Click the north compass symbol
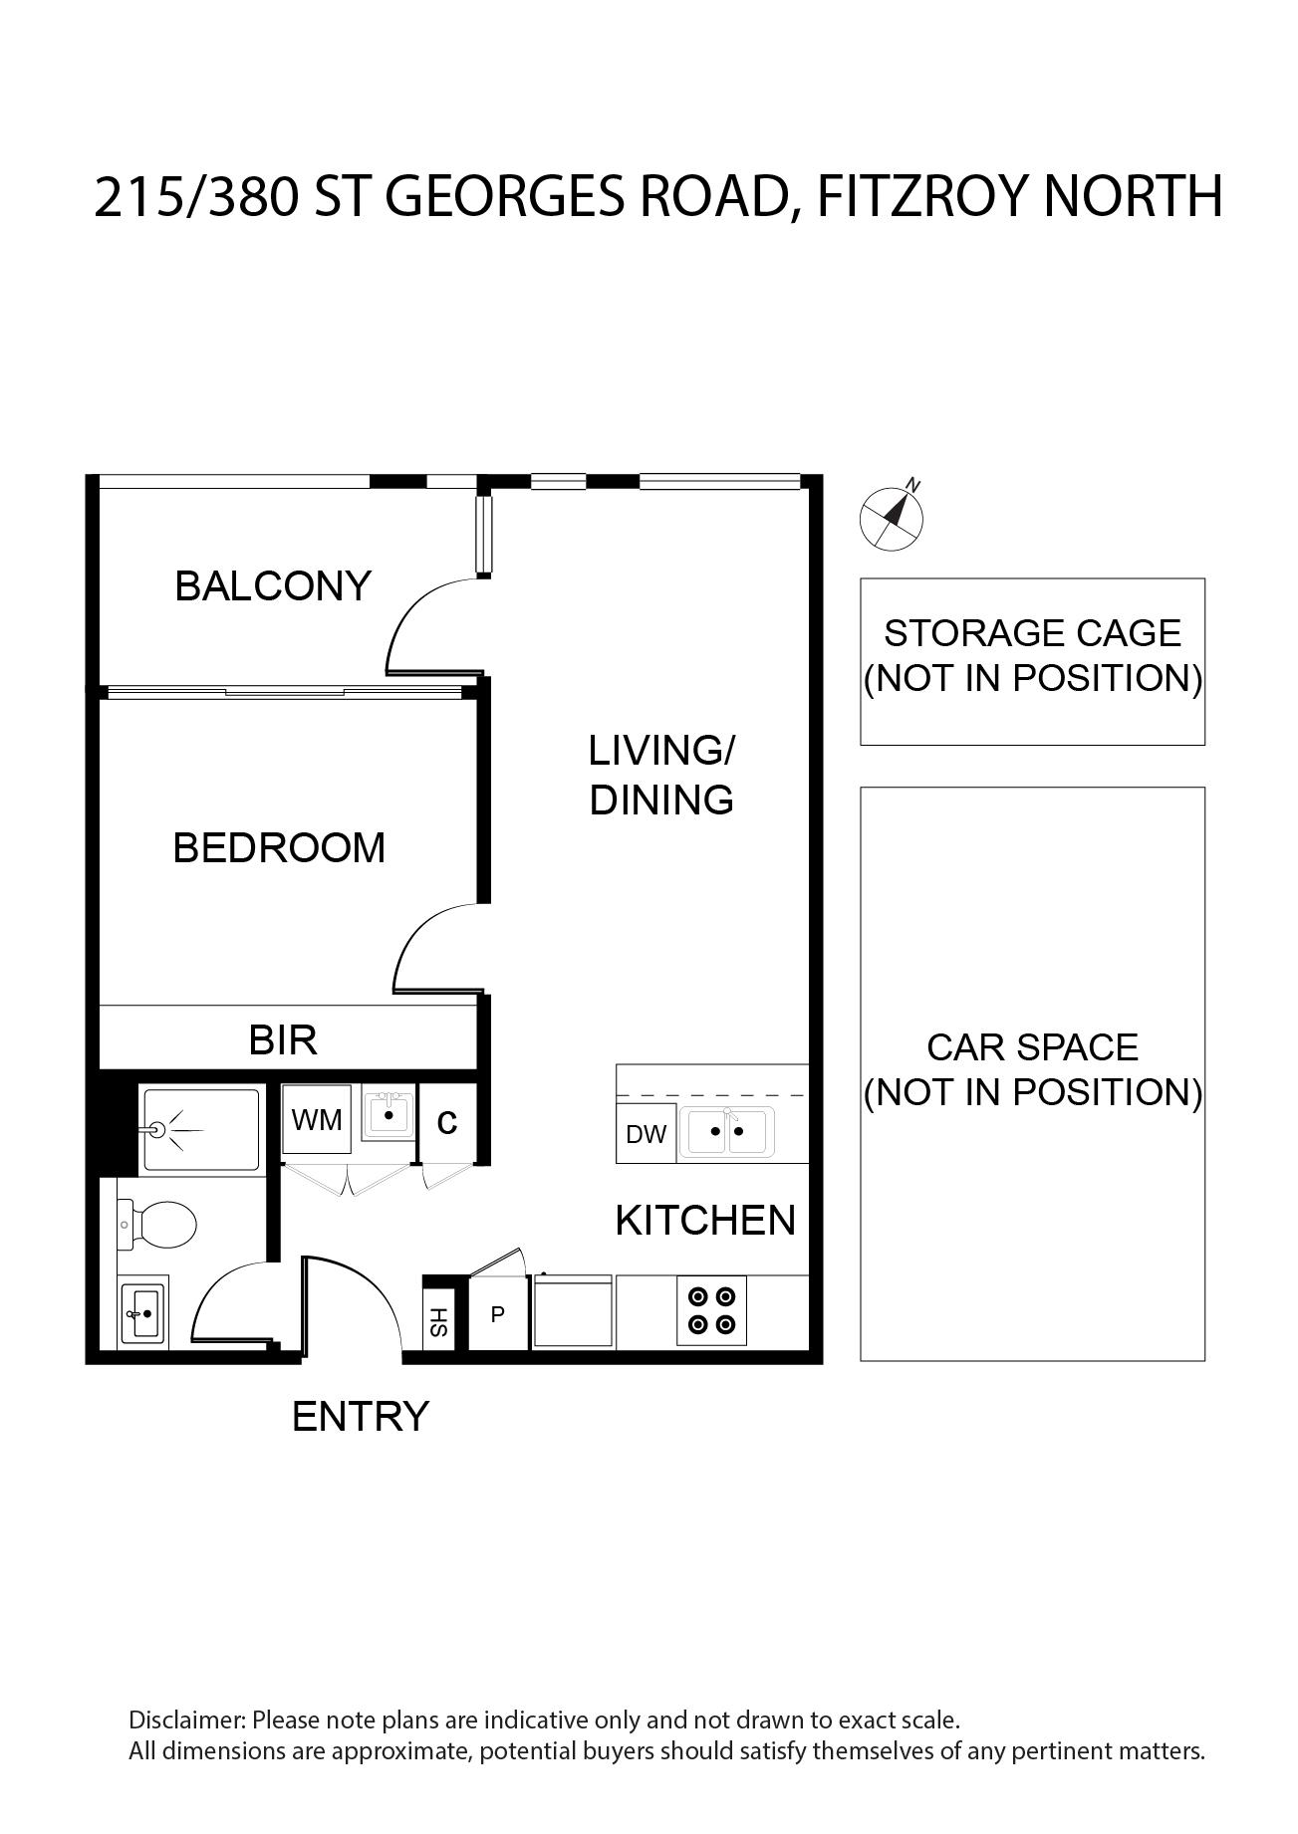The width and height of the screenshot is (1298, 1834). (892, 516)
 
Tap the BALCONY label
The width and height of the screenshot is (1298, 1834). (273, 585)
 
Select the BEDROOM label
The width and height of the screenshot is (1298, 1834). (279, 848)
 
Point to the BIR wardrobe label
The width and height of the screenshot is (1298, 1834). (283, 1040)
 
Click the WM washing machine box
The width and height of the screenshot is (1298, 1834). (317, 1120)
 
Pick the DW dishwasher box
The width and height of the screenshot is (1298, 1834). (646, 1134)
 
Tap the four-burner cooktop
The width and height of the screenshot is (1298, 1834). (711, 1310)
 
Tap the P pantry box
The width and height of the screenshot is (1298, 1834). (498, 1314)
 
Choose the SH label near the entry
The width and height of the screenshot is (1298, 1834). (439, 1322)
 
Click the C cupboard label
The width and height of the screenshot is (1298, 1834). (447, 1122)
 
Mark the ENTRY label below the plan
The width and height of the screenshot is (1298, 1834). (361, 1416)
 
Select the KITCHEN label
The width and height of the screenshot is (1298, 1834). (705, 1221)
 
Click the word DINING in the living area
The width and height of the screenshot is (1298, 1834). (661, 801)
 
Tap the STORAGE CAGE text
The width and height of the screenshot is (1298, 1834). (1033, 633)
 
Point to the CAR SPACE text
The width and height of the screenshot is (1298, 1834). (1033, 1047)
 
